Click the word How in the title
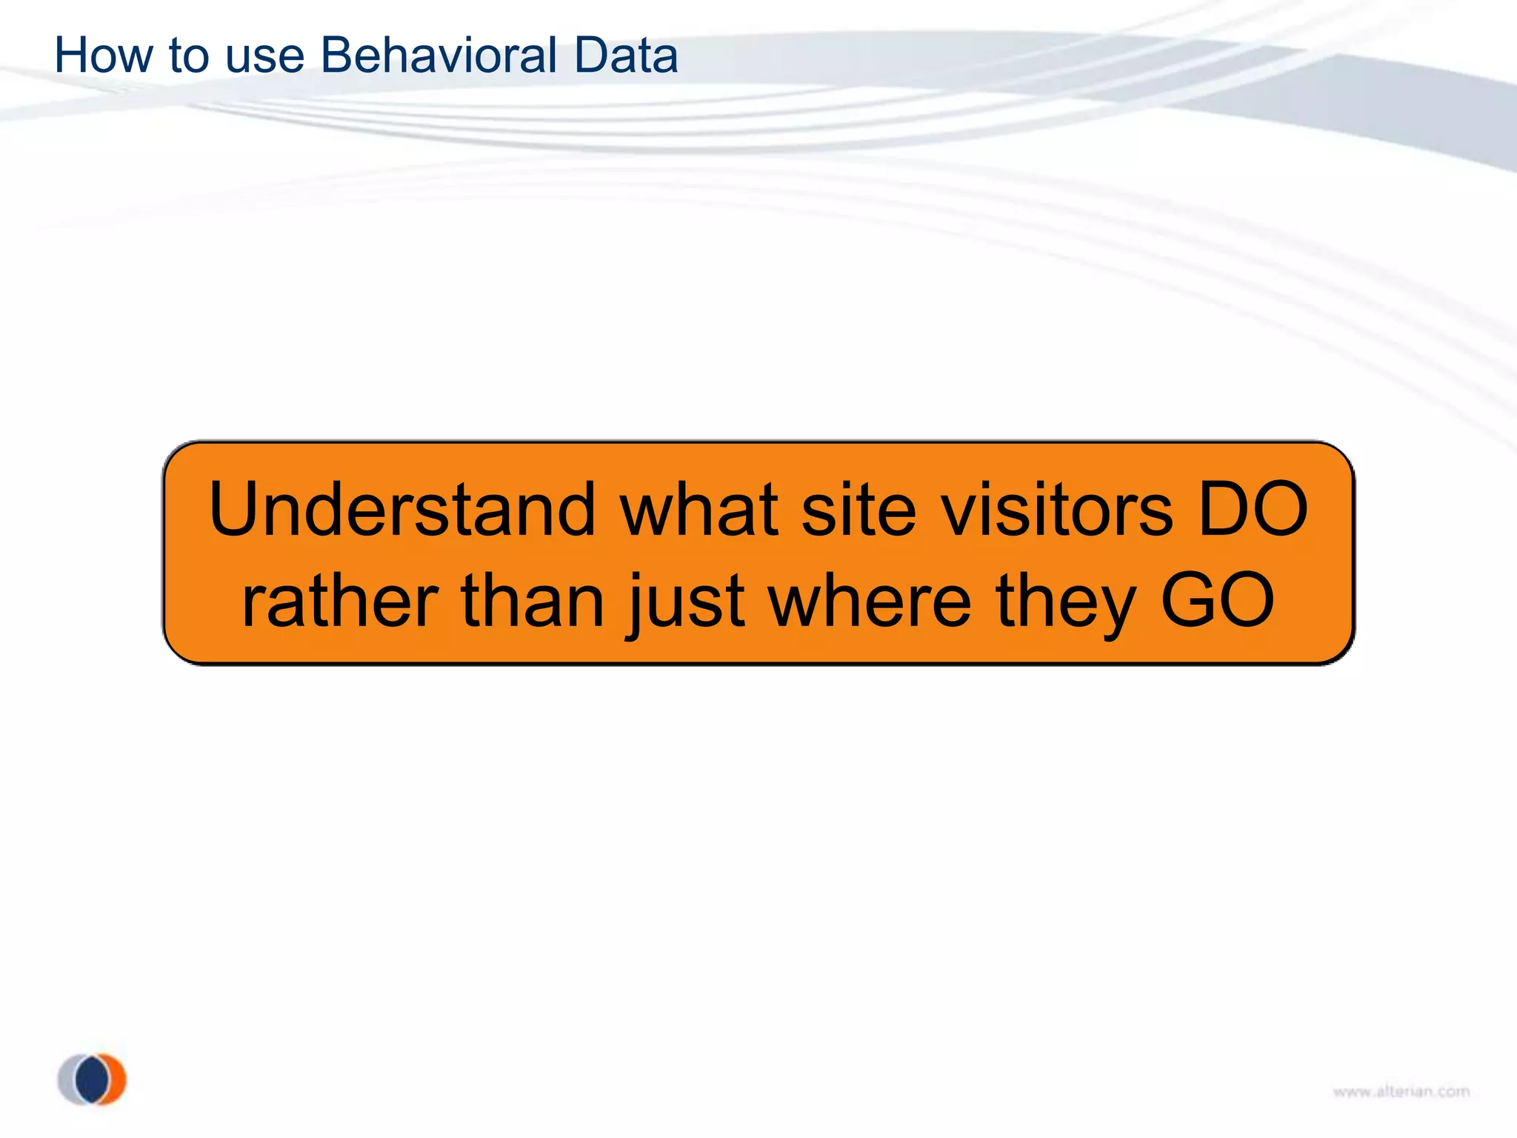pyautogui.click(x=104, y=56)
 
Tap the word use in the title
pyautogui.click(x=264, y=57)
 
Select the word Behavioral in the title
pyautogui.click(x=439, y=56)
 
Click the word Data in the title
pyautogui.click(x=625, y=56)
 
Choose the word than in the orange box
pyautogui.click(x=533, y=601)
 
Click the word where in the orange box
pyautogui.click(x=870, y=601)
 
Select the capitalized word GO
pyautogui.click(x=1218, y=601)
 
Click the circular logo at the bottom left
pyautogui.click(x=92, y=1079)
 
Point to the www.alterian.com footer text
pyautogui.click(x=1401, y=1091)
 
